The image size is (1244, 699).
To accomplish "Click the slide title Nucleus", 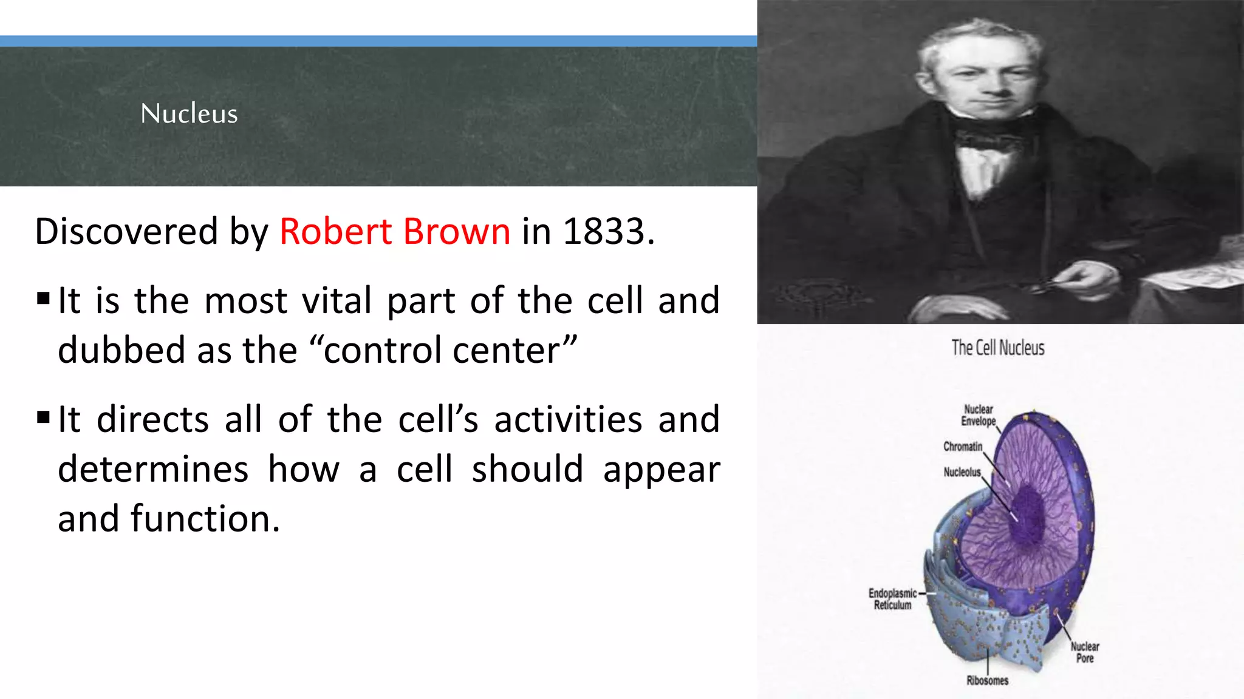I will (x=189, y=113).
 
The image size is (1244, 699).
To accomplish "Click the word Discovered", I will (x=126, y=231).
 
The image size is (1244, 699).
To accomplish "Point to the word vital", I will (x=337, y=300).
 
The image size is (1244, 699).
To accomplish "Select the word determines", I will (x=153, y=469).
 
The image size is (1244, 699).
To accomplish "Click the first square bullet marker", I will (x=43, y=299).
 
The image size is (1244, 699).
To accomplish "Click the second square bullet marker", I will (x=43, y=417).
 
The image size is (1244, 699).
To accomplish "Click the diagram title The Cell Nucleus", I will (x=997, y=348).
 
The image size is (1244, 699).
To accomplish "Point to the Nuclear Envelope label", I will (x=978, y=415).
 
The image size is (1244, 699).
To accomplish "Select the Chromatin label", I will (x=962, y=447).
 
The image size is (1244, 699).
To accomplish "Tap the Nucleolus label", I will (x=962, y=472).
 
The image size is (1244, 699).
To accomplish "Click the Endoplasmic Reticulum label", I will (x=892, y=599).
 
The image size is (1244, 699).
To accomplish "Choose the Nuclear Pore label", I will (x=1084, y=652).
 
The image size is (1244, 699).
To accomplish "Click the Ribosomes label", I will (x=987, y=680).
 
